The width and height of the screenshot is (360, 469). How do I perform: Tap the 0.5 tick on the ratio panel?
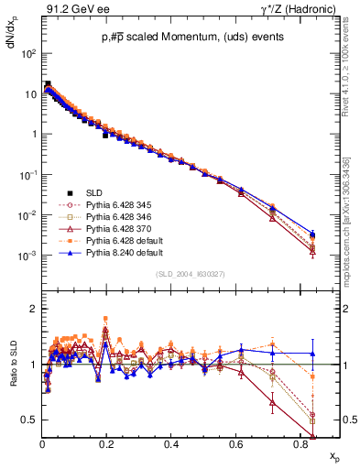pos(29,420)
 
